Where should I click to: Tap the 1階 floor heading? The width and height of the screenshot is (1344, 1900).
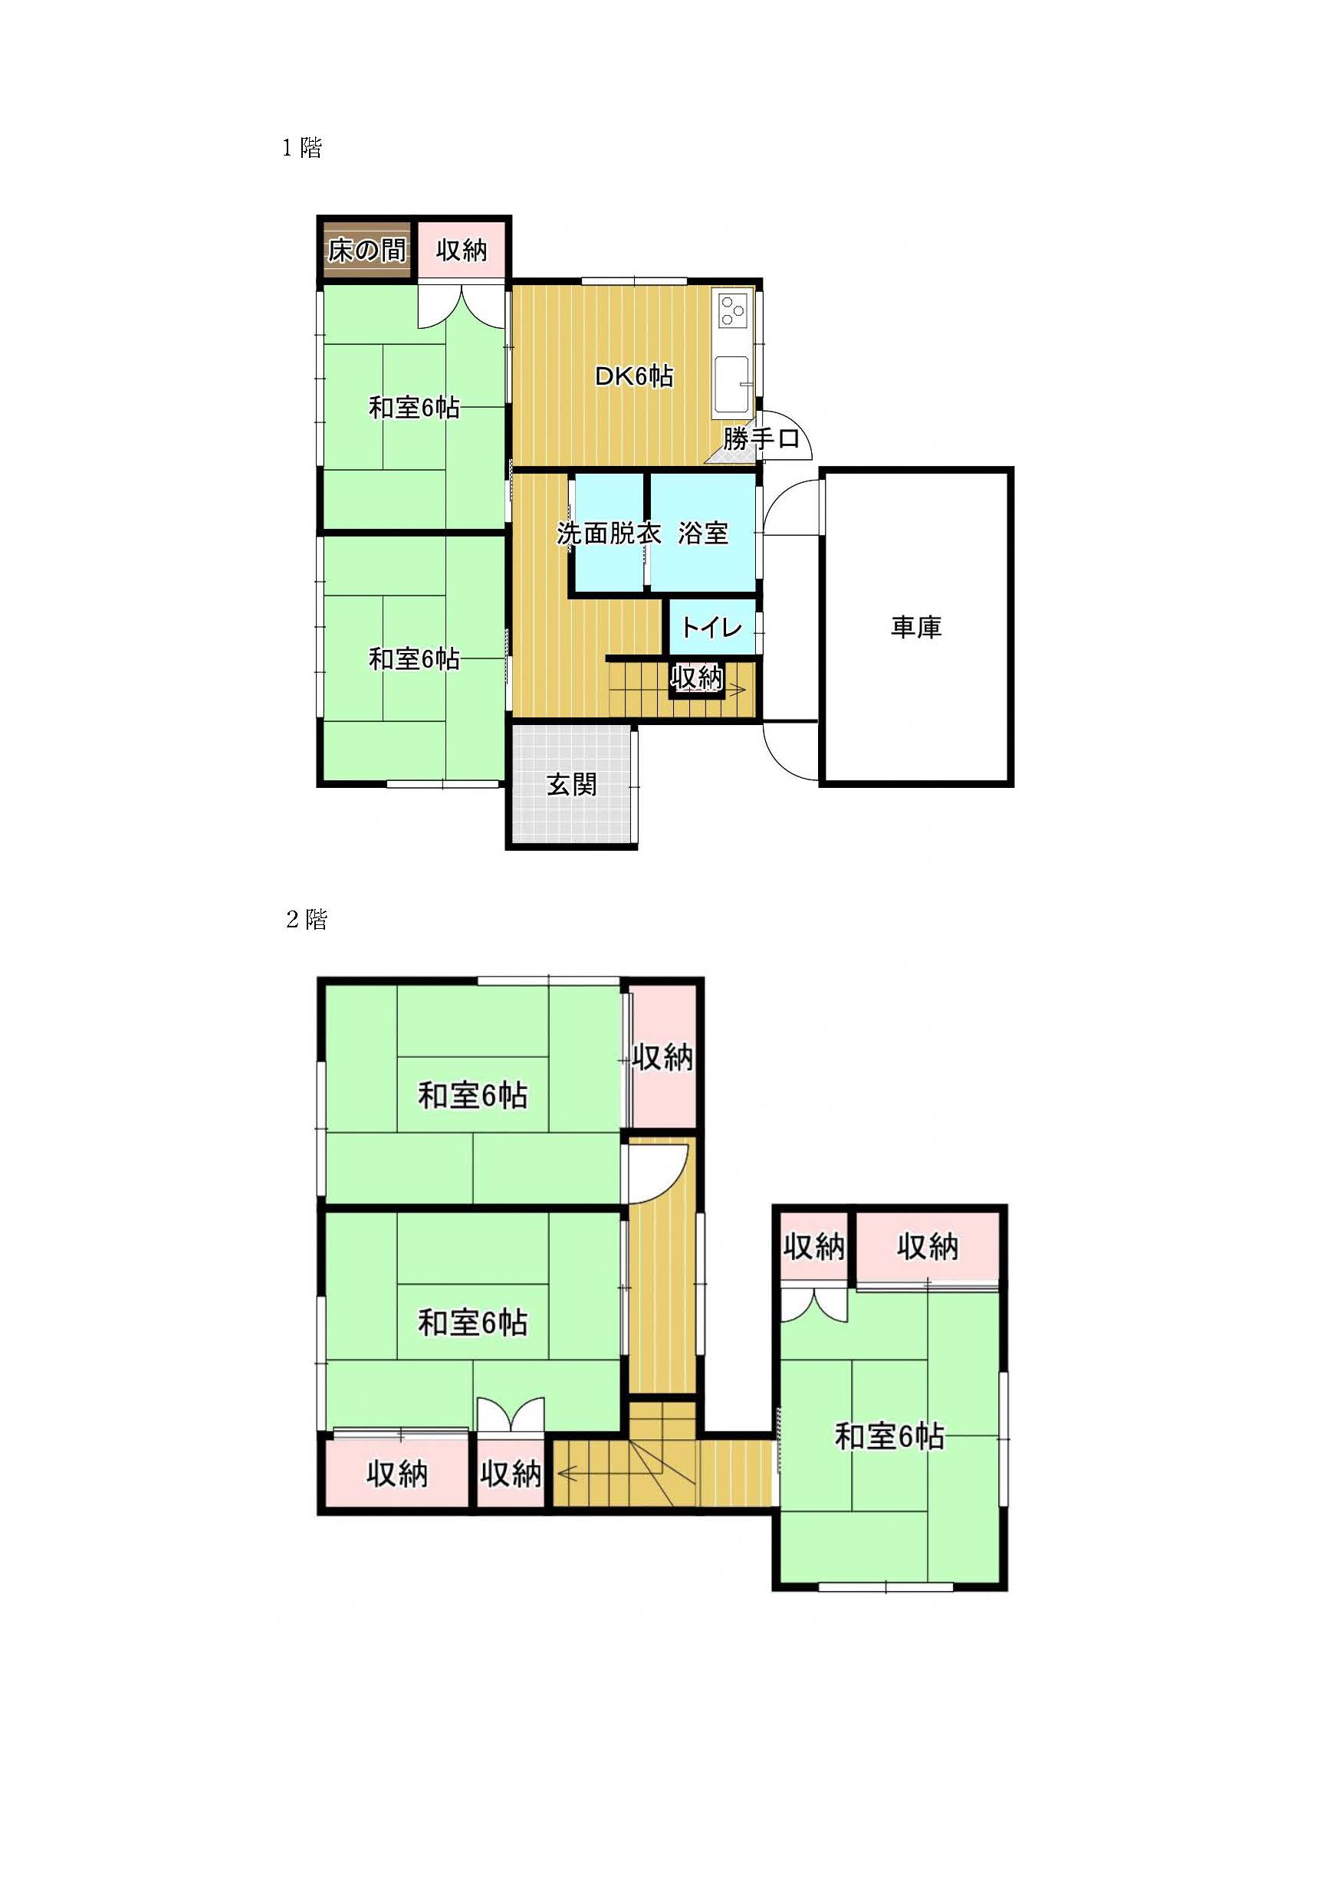pyautogui.click(x=302, y=148)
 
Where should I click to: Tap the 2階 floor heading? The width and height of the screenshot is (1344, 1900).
pyautogui.click(x=306, y=920)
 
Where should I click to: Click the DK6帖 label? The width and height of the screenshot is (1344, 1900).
pyautogui.click(x=634, y=376)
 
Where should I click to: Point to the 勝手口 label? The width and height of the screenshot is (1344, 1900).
pyautogui.click(x=761, y=438)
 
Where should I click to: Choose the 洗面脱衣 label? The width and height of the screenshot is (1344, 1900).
pyautogui.click(x=609, y=533)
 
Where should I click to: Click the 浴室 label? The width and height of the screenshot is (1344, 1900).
pyautogui.click(x=704, y=533)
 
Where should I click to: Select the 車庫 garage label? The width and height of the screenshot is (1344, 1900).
pyautogui.click(x=916, y=627)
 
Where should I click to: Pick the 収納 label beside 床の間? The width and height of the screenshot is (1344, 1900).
pyautogui.click(x=462, y=250)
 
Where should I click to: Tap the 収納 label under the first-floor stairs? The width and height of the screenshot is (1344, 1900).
pyautogui.click(x=697, y=678)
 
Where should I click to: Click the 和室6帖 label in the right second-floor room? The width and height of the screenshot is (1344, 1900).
pyautogui.click(x=889, y=1436)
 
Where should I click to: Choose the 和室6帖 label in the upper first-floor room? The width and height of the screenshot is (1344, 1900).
pyautogui.click(x=414, y=408)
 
